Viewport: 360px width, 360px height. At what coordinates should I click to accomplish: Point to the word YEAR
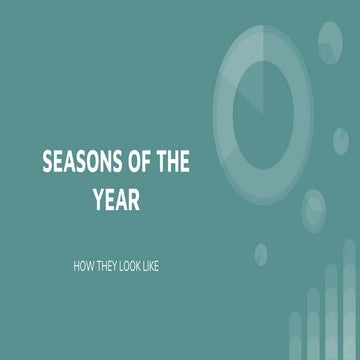(116, 200)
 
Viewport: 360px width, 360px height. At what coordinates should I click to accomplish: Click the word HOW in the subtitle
(85, 268)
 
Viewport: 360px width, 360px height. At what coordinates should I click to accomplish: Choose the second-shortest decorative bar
(312, 325)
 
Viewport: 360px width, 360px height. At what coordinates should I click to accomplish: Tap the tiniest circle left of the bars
(261, 252)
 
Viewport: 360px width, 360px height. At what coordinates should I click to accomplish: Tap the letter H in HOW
(78, 268)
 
